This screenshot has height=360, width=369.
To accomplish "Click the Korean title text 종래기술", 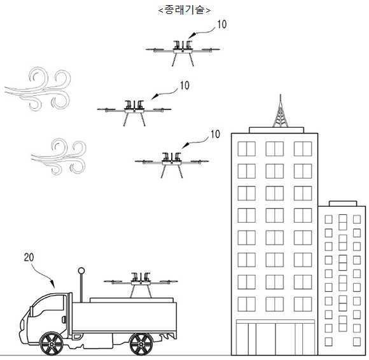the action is coord(184,10).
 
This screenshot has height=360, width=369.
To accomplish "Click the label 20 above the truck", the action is coord(29,258).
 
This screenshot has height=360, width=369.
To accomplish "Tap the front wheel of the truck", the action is coord(52,344).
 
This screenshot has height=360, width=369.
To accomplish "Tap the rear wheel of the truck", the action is coord(141,344).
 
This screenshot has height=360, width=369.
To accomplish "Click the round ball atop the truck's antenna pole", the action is coord(81,270).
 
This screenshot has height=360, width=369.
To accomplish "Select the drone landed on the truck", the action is coord(141,285).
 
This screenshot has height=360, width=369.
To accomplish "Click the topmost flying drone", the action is coord(183,53).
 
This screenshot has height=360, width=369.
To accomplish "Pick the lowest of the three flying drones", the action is coord(172,165).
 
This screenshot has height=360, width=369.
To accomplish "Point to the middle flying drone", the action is coord(134,113).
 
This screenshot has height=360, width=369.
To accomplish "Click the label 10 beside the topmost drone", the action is coord(221,24).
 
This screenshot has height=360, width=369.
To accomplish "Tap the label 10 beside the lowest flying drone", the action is coord(215,134).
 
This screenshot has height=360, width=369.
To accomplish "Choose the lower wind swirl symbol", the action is coord(59,156).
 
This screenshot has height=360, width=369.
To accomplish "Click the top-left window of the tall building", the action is coord(246,149).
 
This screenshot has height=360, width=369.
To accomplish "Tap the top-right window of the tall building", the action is coord(303,149).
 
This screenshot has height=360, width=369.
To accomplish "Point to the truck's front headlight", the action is coord(22,324).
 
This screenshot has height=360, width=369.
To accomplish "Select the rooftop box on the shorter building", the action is coord(343,204).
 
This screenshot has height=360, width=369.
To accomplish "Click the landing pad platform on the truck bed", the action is coord(132,300).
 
